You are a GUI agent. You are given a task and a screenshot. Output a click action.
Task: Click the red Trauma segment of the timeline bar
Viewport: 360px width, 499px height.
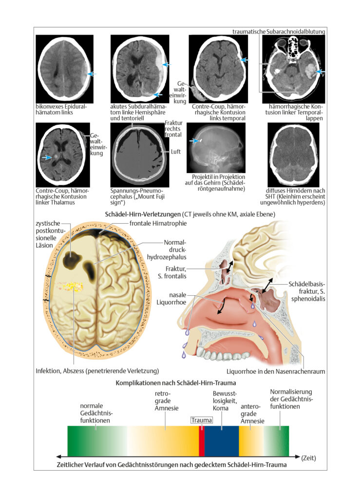(x=202, y=441)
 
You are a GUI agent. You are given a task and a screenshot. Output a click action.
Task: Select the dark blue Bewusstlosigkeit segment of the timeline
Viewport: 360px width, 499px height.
(x=222, y=441)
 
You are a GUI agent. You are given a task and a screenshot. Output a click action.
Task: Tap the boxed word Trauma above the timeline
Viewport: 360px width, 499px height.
(x=202, y=420)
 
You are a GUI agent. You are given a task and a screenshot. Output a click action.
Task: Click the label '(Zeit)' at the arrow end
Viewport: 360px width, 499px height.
(x=308, y=458)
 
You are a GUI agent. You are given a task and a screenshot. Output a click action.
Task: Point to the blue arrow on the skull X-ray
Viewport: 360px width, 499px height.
(x=193, y=140)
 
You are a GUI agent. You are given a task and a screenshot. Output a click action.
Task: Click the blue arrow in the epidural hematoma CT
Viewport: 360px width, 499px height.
(x=92, y=74)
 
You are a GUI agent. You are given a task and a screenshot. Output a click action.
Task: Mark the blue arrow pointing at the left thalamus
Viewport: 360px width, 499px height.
(x=47, y=157)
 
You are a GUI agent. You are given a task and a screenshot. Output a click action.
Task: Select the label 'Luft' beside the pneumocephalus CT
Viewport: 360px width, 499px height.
(x=175, y=152)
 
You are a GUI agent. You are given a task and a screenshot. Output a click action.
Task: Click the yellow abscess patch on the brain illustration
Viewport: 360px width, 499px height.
(x=71, y=287)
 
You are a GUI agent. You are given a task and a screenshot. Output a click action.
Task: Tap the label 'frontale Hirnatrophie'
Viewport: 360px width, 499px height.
(x=158, y=223)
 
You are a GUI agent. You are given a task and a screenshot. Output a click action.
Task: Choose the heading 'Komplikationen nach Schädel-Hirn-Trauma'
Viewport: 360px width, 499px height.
(x=175, y=383)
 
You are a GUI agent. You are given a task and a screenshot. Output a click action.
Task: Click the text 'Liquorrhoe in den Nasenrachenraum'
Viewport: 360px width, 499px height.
(x=276, y=371)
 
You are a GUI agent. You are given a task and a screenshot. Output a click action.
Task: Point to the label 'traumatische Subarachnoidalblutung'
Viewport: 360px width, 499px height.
(x=279, y=32)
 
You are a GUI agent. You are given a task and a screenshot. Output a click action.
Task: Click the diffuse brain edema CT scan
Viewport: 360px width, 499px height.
(x=293, y=155)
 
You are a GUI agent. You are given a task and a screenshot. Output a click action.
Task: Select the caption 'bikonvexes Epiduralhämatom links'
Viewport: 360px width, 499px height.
(x=61, y=109)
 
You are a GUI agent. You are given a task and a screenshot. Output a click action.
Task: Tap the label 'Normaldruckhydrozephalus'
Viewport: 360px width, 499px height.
(x=167, y=249)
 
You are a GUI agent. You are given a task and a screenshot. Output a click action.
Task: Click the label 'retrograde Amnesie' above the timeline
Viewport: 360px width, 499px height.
(x=167, y=401)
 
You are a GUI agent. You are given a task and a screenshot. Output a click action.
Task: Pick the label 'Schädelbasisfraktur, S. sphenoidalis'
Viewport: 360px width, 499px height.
(x=307, y=291)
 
